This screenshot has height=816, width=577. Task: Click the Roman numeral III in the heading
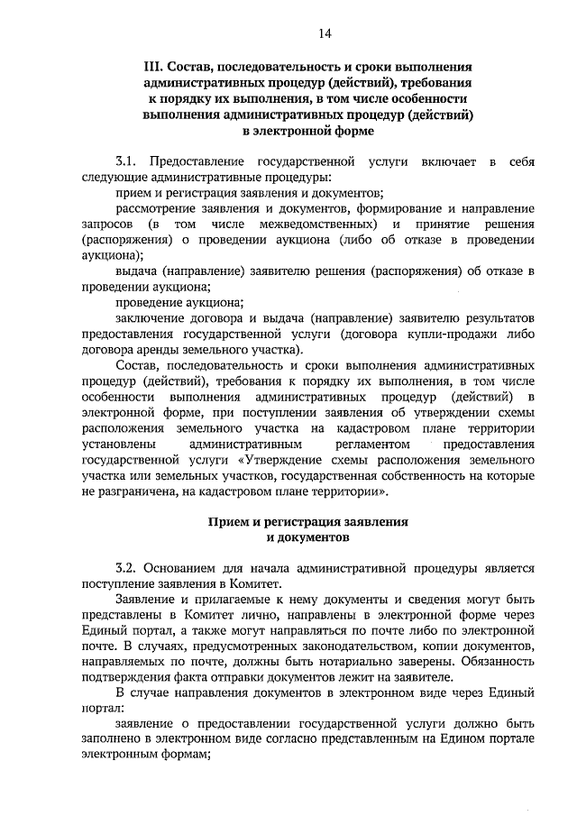[x=151, y=68]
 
